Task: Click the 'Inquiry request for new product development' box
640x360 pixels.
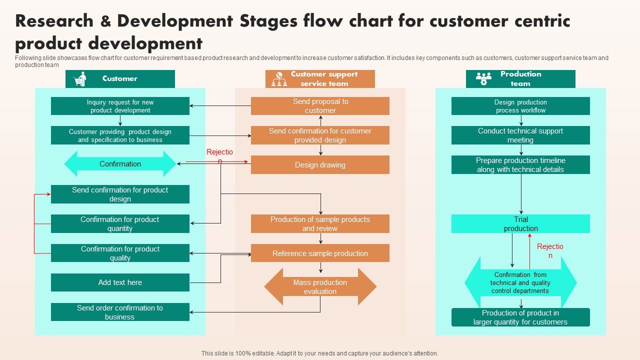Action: [x=120, y=106]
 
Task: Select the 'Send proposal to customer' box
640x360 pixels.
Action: [x=320, y=106]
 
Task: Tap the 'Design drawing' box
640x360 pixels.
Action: [x=320, y=165]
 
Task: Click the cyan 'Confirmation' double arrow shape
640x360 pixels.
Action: [x=120, y=164]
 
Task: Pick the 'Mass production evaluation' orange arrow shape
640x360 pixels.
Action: [x=320, y=287]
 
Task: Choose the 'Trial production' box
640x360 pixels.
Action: [x=520, y=224]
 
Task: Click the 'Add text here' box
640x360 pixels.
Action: [x=120, y=282]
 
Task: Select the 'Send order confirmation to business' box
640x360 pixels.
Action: [x=120, y=312]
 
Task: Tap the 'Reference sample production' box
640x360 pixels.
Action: [x=320, y=253]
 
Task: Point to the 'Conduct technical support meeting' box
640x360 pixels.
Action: [x=520, y=135]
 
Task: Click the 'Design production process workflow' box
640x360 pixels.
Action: [x=520, y=106]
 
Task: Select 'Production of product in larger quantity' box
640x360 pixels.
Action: [x=520, y=317]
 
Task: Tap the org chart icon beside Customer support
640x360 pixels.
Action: [x=279, y=79]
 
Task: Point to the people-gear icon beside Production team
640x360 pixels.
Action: [x=483, y=79]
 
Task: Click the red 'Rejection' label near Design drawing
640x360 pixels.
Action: [x=219, y=155]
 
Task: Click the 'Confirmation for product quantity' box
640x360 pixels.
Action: [x=120, y=224]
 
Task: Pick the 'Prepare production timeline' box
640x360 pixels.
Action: [x=520, y=165]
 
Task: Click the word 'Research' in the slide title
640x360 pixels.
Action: [x=54, y=21]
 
